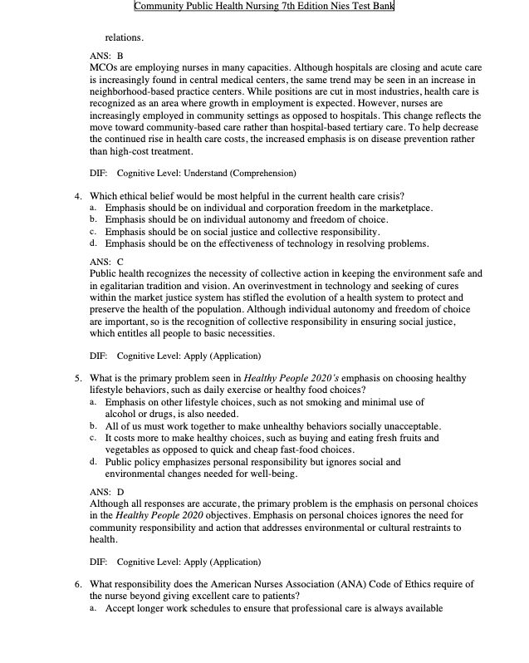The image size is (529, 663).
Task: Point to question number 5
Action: tap(76, 378)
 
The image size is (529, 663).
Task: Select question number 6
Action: tap(76, 584)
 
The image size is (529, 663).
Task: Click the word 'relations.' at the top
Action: tap(124, 37)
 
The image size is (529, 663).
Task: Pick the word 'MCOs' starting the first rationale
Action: tap(103, 66)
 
